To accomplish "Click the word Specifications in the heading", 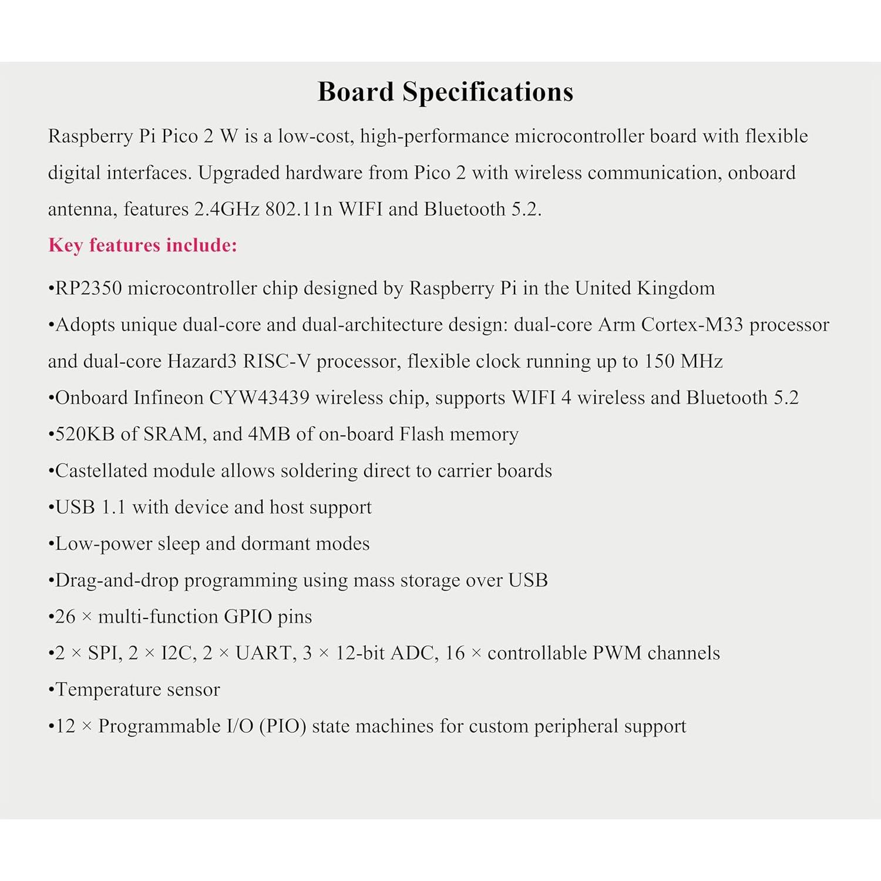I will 487,92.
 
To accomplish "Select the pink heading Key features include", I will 143,245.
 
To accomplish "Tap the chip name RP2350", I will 89,288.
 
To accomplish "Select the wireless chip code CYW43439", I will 259,398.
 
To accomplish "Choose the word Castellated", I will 102,470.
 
